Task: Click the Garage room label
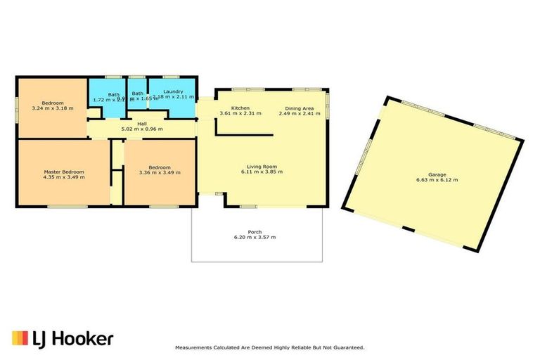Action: tap(437, 174)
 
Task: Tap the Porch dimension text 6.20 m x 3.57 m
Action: tap(255, 237)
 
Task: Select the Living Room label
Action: tap(259, 167)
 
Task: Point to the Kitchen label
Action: tap(231, 108)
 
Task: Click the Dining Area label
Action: tap(300, 108)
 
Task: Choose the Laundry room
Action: tap(172, 92)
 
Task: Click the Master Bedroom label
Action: tap(64, 172)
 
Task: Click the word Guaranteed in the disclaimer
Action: tap(346, 347)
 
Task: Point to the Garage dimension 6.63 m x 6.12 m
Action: tap(437, 180)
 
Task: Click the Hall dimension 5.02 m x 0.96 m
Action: tap(142, 129)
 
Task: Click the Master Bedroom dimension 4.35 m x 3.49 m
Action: tap(64, 177)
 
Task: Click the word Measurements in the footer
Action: tap(196, 347)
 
